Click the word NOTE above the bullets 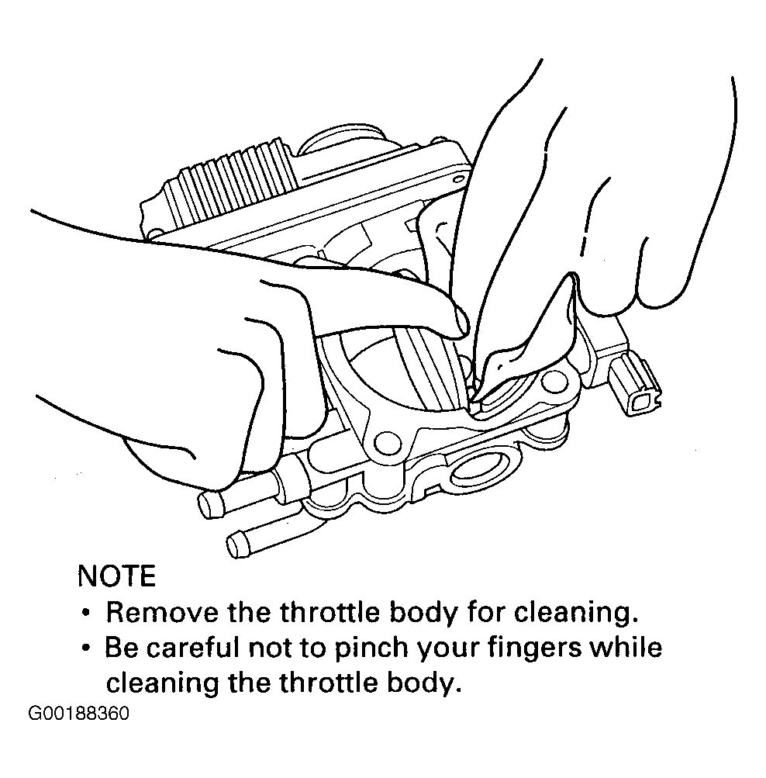pos(117,576)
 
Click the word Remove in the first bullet pos(162,612)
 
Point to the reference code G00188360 pos(78,714)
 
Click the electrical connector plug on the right pos(633,385)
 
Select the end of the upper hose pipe pos(207,505)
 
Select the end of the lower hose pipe pos(237,545)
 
